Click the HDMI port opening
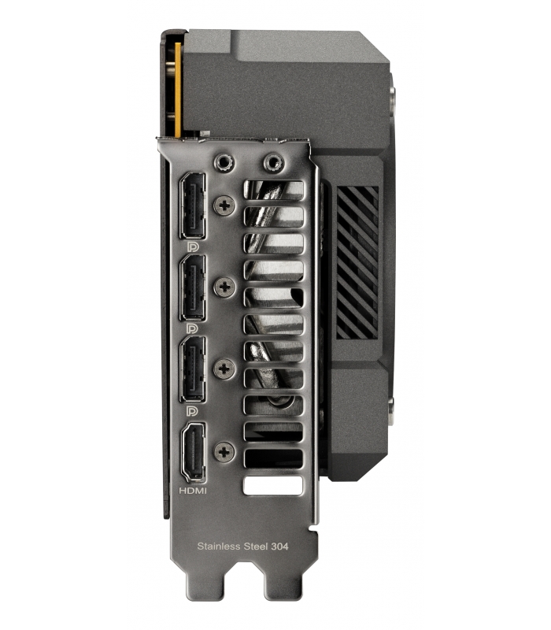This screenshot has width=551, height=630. (x=194, y=452)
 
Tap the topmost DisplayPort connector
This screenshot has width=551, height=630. (x=193, y=206)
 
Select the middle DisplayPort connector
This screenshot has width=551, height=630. (x=193, y=287)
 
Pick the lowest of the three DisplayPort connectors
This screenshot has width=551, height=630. (x=193, y=369)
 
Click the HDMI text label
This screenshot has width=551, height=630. (x=193, y=491)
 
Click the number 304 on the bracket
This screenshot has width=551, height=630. (x=279, y=546)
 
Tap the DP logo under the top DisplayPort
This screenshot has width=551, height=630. (x=192, y=246)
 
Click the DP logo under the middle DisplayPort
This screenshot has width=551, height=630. (x=192, y=328)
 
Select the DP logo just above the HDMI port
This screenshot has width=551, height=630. (x=192, y=410)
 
